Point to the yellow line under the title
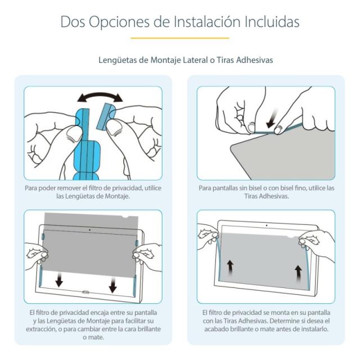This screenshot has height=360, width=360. click(x=179, y=38)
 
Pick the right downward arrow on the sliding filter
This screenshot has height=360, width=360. click(x=112, y=284)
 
